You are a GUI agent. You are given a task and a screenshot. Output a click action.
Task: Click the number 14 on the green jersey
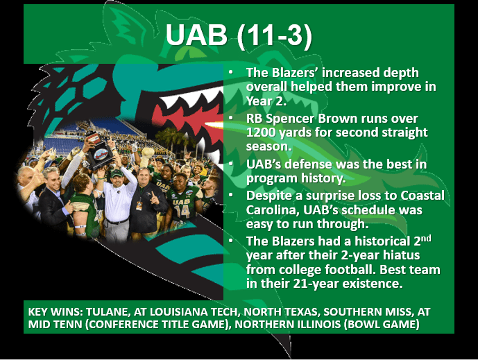click(182, 209)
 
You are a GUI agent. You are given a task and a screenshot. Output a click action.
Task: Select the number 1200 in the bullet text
click(262, 132)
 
